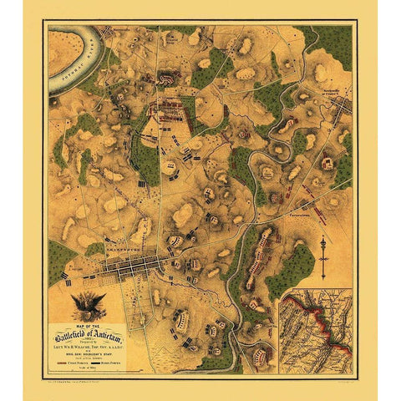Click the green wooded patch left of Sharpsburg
coord(60,261)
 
